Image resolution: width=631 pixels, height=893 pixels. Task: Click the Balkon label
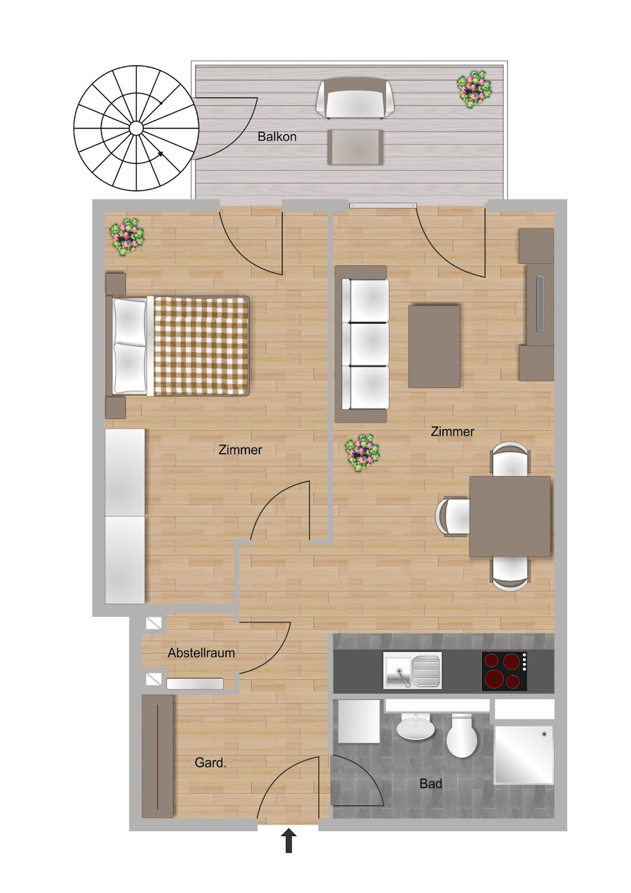click(276, 137)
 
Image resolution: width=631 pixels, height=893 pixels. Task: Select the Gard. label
click(210, 762)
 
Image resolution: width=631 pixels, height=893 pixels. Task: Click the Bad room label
click(430, 784)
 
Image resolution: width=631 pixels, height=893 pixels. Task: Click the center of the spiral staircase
click(136, 128)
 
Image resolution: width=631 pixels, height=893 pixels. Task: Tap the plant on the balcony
click(474, 88)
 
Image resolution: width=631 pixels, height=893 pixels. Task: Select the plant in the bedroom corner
click(127, 237)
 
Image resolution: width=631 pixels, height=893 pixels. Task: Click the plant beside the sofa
click(362, 452)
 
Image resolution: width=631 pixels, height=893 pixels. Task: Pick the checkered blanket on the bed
click(201, 346)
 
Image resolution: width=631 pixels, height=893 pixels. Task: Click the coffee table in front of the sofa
click(434, 346)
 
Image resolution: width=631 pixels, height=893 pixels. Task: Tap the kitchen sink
click(412, 671)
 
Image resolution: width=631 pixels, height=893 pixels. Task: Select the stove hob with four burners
click(504, 671)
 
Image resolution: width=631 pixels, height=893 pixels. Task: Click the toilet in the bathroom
click(462, 735)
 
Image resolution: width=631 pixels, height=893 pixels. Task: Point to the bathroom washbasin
click(415, 727)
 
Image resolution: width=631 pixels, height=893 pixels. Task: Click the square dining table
click(510, 516)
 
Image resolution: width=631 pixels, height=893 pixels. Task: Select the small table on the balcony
click(355, 146)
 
